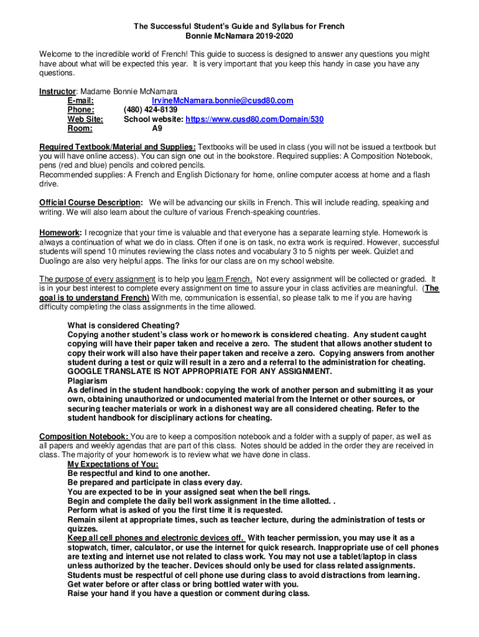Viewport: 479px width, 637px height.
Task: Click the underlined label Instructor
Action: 57,91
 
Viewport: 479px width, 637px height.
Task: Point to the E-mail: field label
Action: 80,101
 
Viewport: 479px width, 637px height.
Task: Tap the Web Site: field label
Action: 85,119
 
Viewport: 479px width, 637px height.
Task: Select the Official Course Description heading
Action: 91,203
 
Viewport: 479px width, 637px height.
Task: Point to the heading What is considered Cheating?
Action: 123,325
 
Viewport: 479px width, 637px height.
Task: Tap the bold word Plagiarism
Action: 87,381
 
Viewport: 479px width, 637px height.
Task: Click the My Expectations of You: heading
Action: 113,464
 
